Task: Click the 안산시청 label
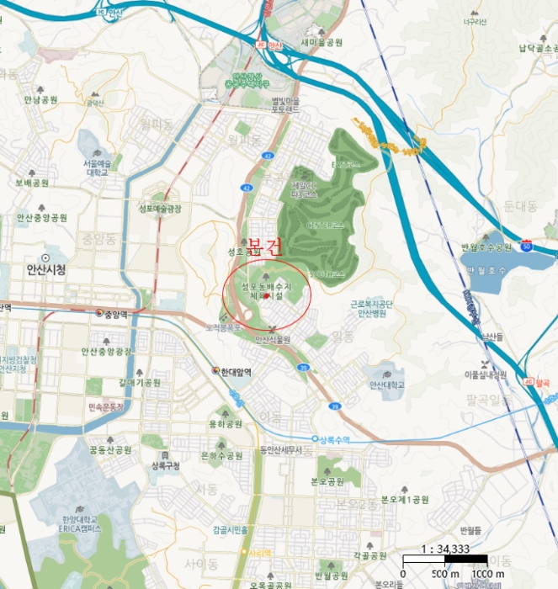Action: [x=40, y=270]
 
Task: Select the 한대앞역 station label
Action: [x=236, y=370]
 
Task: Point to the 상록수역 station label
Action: [x=332, y=439]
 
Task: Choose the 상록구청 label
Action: [x=166, y=464]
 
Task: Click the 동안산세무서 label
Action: [x=280, y=449]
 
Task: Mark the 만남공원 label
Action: [x=40, y=99]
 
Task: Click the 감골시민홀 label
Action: [x=230, y=529]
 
